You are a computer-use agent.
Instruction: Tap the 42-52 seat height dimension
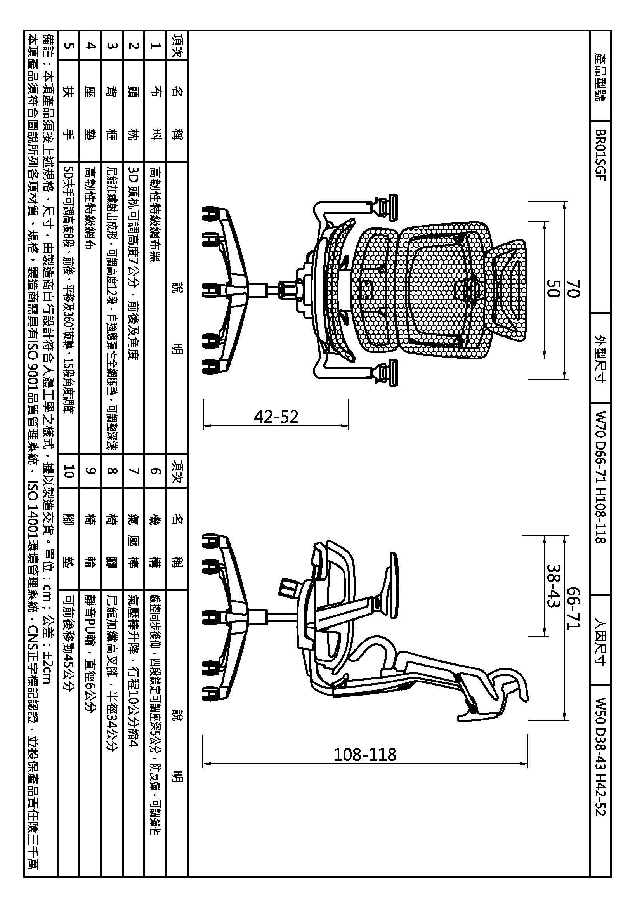276,417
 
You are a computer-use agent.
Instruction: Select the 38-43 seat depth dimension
553,586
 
